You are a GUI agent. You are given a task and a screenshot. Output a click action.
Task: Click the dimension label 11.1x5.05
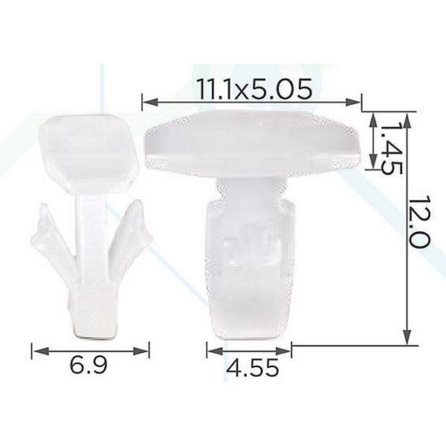click(254, 89)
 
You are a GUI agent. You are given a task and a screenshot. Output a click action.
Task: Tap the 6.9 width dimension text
click(88, 365)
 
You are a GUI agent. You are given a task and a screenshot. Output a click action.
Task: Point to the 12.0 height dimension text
click(418, 222)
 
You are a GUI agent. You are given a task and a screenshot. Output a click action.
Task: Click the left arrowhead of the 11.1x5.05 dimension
click(150, 102)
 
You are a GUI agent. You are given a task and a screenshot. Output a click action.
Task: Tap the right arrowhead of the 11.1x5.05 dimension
click(354, 102)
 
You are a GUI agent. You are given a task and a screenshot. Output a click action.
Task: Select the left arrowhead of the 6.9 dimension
click(39, 351)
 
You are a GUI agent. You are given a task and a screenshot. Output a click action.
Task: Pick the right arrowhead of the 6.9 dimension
click(141, 351)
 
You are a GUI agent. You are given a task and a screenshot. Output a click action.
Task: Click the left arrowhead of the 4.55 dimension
click(215, 351)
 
